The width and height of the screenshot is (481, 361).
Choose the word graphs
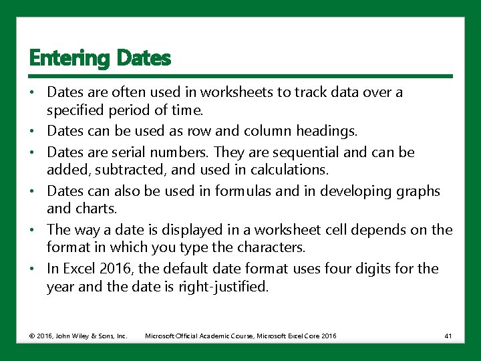[x=418, y=191]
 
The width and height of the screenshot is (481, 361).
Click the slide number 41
[x=448, y=336]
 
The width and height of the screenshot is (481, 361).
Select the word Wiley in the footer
[x=73, y=336]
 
